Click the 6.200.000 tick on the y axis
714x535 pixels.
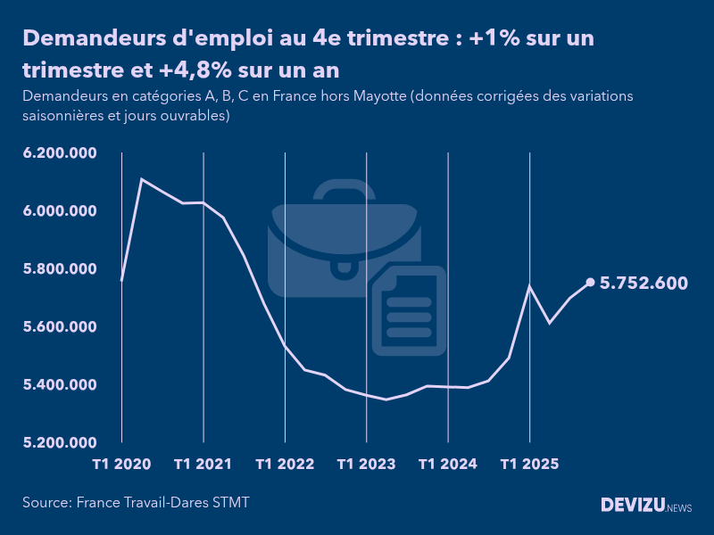point(60,153)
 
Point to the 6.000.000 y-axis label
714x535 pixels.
point(60,211)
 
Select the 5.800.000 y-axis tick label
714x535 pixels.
point(60,269)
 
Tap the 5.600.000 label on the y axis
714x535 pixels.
point(60,327)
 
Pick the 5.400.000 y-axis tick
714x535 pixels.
point(60,385)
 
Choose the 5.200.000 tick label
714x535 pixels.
point(60,443)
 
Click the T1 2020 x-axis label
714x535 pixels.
point(121,465)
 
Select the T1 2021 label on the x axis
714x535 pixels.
point(203,465)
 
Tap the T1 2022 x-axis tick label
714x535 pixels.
point(285,465)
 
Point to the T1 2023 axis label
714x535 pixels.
point(366,465)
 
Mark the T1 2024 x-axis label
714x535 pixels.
point(448,465)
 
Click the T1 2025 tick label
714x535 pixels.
point(529,465)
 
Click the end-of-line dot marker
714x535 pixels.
point(590,283)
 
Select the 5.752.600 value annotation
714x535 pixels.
point(643,284)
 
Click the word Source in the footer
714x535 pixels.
point(46,503)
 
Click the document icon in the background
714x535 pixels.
point(409,310)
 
